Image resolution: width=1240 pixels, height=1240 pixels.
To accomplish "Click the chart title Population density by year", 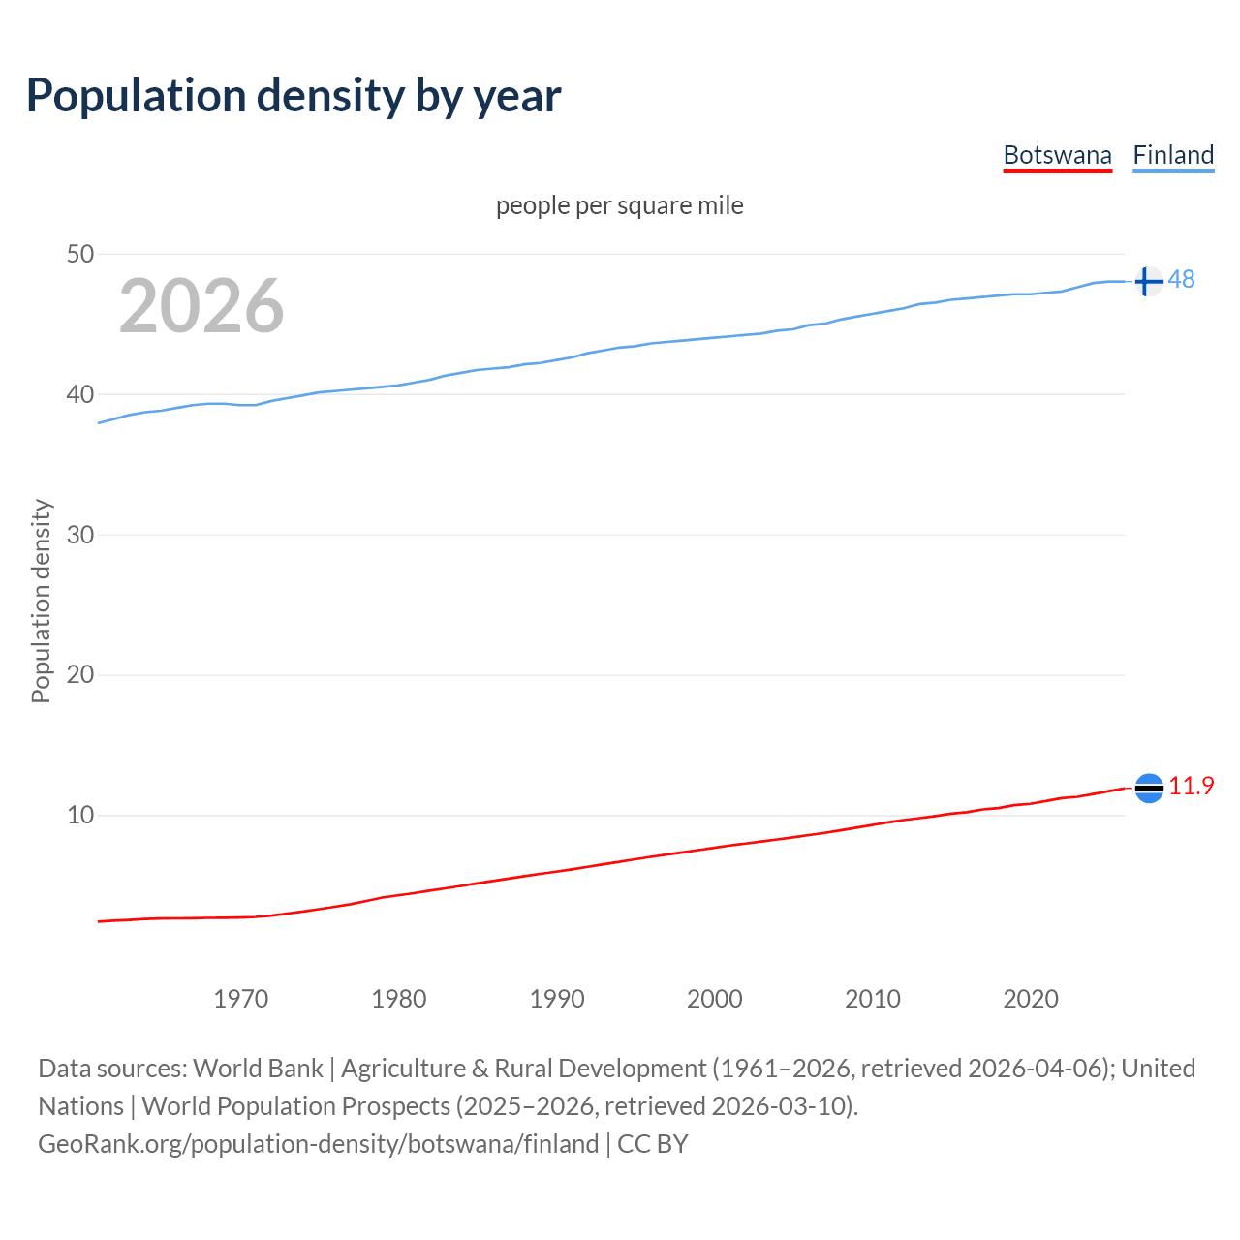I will pos(294,96).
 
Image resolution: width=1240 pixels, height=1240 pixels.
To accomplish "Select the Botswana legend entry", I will pos(1057,155).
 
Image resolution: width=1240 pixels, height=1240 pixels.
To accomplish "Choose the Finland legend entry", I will pos(1173,155).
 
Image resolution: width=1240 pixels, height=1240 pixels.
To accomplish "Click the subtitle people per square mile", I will pos(620,205).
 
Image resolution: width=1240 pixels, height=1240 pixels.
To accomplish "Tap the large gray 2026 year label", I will pos(201,306).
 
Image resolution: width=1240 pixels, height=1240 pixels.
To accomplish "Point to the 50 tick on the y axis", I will pos(80,255).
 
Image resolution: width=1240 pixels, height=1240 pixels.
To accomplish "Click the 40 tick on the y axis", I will pos(80,394).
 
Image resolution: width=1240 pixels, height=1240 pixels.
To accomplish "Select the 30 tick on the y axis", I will pos(80,535).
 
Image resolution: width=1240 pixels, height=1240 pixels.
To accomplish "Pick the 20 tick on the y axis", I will pos(80,674).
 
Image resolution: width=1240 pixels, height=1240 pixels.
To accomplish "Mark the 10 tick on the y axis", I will pos(80,815).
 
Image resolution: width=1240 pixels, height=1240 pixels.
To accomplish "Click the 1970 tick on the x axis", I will pos(241,999).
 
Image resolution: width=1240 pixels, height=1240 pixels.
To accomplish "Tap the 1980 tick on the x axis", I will pos(399,999).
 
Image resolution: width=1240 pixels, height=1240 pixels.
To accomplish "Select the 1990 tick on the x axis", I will pos(557,999).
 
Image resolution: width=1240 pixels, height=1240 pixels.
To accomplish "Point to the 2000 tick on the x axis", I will pos(715,999).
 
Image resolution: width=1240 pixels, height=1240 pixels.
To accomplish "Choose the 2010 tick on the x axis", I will pos(873,999).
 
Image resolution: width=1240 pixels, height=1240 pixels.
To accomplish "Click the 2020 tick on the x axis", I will pos(1031,999).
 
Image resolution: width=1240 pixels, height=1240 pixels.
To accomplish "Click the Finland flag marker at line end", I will pos(1148,281).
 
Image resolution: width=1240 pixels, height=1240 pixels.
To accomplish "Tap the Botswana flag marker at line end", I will pos(1148,789).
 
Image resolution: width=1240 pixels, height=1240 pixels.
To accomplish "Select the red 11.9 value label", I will pos(1191,786).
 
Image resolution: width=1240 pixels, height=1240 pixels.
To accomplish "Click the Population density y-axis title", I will pos(41,601).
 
